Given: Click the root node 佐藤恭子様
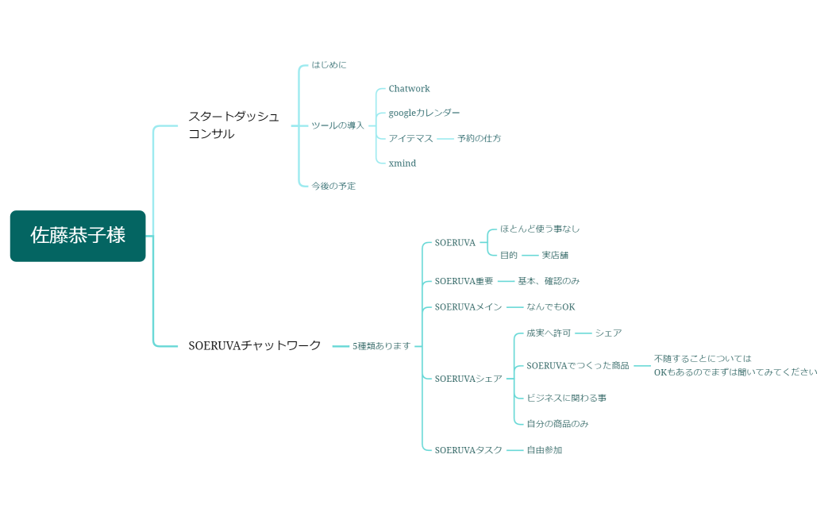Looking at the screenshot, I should (x=78, y=236).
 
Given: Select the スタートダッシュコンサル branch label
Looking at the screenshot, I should (x=233, y=125).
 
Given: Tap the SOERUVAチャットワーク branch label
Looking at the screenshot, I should (x=255, y=345).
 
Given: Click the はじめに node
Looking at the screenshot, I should (x=329, y=65).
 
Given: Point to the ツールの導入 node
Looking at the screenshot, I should (x=337, y=125).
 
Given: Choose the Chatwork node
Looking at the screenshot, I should (x=409, y=89).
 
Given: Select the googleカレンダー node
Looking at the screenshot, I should (x=424, y=114).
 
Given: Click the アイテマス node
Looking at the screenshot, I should (x=410, y=138).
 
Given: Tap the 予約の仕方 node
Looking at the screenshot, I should (x=479, y=138).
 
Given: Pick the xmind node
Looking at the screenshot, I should (x=402, y=164).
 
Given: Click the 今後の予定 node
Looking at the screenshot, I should (x=333, y=186).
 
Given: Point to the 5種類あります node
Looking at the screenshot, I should (x=381, y=346).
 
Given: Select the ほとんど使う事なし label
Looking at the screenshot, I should (x=540, y=229).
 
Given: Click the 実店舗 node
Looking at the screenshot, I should (x=555, y=256).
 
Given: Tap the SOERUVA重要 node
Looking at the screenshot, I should (x=464, y=281).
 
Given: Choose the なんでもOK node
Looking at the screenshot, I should (x=550, y=307).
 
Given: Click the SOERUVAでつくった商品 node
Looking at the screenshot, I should (x=577, y=366).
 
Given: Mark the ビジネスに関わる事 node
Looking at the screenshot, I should (x=566, y=398).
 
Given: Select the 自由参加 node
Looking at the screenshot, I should (x=544, y=450).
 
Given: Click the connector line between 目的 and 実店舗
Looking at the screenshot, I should (x=530, y=256).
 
